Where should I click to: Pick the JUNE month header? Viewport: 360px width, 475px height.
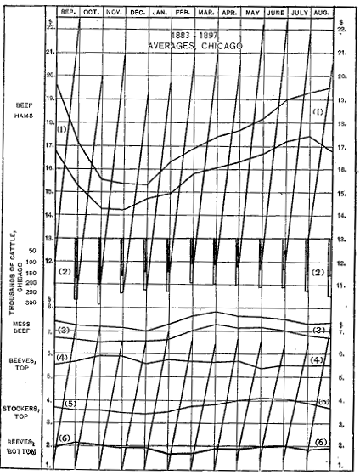click(x=275, y=13)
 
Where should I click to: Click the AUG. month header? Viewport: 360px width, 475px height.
click(x=319, y=13)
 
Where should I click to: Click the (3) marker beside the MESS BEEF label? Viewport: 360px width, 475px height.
click(x=65, y=330)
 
